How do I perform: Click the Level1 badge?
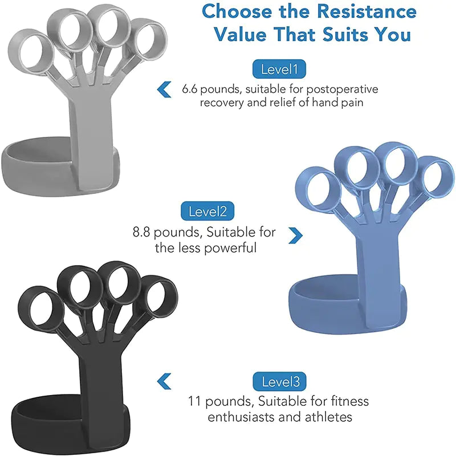tap(279, 70)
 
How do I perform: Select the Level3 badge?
tap(280, 381)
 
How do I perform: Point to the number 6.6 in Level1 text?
tap(192, 89)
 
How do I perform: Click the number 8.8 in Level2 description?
tap(142, 233)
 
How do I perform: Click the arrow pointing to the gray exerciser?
tap(164, 89)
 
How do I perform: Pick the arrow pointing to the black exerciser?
tap(164, 381)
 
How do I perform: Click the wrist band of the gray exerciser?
tap(34, 162)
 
